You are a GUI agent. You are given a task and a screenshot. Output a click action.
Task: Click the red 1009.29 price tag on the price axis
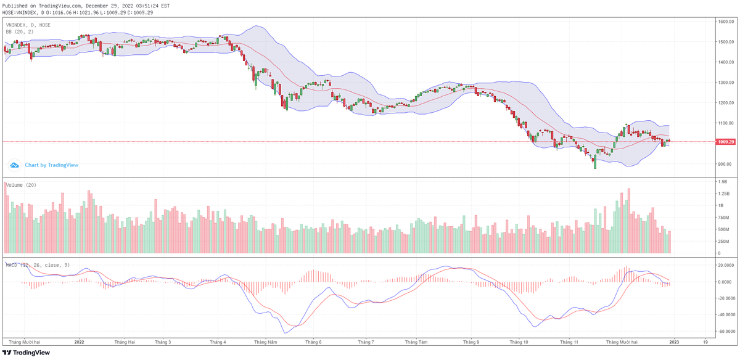(x=725, y=142)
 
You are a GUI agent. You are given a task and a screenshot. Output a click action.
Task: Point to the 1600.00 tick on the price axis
(x=725, y=22)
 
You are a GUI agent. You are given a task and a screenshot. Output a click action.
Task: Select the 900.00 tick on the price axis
(x=725, y=164)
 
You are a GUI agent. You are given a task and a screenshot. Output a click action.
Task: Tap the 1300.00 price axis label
(x=725, y=83)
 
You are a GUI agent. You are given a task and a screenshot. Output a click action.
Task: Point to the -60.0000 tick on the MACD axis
(x=725, y=331)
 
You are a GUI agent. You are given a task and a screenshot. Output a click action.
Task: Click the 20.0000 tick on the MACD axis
(x=725, y=265)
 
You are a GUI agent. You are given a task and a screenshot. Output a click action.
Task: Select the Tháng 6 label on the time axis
(x=313, y=341)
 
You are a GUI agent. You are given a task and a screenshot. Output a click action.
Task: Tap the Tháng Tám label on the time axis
(x=416, y=341)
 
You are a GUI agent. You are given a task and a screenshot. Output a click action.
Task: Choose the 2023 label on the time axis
(x=675, y=341)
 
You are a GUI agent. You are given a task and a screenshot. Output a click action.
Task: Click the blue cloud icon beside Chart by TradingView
(x=14, y=165)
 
